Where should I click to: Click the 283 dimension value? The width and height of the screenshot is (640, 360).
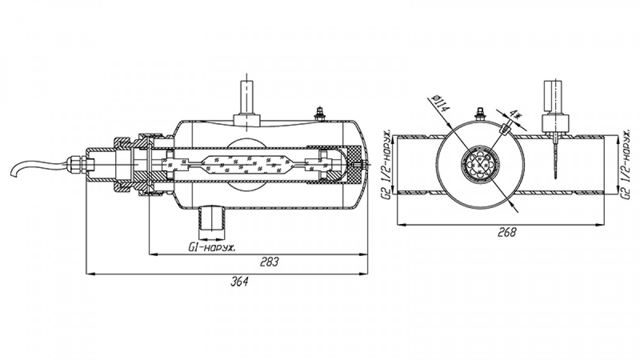270,261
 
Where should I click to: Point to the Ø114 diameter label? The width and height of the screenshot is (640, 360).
441,103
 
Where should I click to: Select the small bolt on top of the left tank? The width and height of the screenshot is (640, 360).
319,114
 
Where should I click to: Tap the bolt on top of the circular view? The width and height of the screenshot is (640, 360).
479,114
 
